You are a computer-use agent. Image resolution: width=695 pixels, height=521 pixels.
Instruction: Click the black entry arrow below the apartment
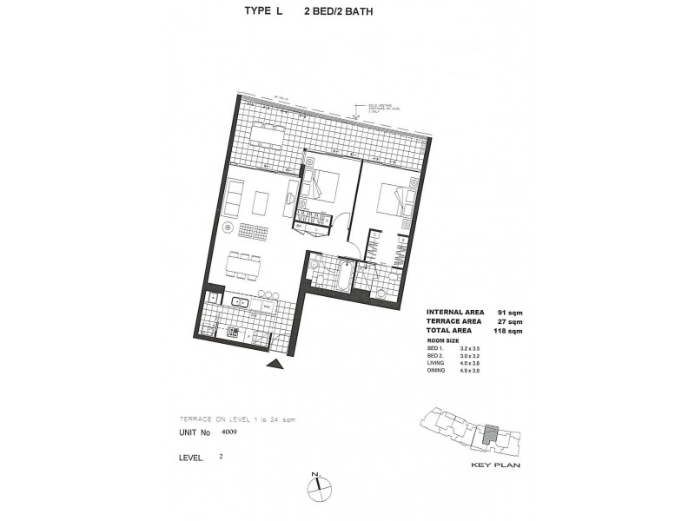(x=276, y=366)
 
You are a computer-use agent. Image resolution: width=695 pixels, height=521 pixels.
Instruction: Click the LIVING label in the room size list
(x=435, y=364)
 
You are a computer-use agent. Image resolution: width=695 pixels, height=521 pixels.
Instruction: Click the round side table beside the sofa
(x=228, y=228)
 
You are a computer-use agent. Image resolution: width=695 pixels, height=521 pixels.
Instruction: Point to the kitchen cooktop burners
(x=233, y=331)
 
